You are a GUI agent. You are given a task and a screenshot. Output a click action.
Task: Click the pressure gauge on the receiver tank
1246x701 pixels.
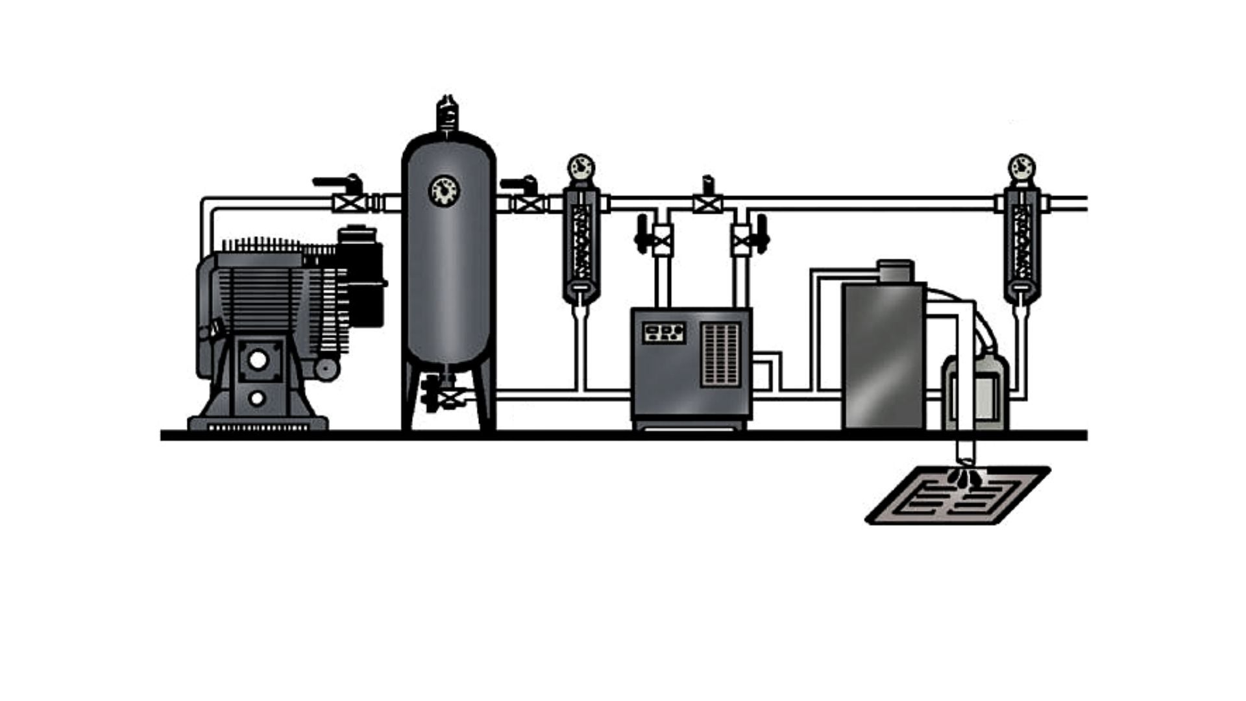coord(445,190)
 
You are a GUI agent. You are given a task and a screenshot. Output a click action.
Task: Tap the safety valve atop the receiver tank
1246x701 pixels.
coord(446,114)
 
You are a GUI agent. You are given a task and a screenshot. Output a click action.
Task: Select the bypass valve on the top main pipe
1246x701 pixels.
coord(707,203)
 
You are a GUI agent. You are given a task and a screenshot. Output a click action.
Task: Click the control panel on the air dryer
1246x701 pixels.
coord(664,333)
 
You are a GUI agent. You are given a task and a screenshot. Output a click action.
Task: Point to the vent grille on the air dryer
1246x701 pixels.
coord(721,354)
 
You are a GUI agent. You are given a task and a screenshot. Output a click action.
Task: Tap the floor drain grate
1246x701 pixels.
coord(958,497)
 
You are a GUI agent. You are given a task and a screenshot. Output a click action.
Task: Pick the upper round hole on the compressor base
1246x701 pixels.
coord(258,360)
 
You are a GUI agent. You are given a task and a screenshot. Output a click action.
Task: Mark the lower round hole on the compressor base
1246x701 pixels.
coord(258,397)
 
